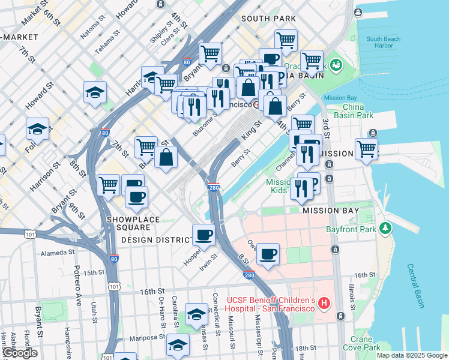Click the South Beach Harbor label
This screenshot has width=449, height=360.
coord(380,42)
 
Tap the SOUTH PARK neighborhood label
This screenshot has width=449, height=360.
coord(268,19)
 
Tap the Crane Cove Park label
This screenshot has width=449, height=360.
coord(361,343)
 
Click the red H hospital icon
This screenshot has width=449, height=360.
coord(324,304)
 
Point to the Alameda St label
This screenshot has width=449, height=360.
coord(57,253)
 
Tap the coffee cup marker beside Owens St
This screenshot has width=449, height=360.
coord(268,253)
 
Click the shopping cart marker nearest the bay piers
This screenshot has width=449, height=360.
coord(366,148)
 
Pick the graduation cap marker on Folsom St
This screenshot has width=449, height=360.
coord(37,128)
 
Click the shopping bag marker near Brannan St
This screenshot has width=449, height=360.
coord(166,157)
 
